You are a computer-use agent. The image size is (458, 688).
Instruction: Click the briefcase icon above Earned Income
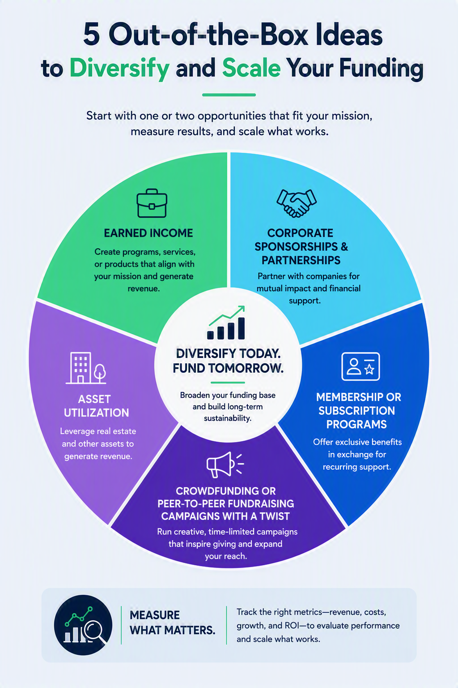[152, 203]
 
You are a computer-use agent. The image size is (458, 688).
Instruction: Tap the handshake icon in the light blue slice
[297, 203]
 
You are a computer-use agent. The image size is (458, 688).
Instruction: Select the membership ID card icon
[360, 366]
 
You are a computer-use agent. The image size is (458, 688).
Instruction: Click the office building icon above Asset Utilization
[86, 368]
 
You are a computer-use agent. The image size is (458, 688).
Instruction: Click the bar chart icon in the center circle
[226, 322]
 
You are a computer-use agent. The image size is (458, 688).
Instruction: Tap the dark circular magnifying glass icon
[83, 625]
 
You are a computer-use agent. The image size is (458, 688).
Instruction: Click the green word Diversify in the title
[119, 68]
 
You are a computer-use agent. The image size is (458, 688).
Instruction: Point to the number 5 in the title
[92, 36]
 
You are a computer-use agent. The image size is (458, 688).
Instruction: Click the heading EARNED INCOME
[148, 233]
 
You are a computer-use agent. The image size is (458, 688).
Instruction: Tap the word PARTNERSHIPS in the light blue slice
[301, 260]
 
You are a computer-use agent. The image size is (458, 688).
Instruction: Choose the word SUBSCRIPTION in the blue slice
[356, 411]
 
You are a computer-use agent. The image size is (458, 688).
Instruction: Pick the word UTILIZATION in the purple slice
[96, 413]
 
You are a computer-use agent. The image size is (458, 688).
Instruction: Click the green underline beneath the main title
[229, 95]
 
